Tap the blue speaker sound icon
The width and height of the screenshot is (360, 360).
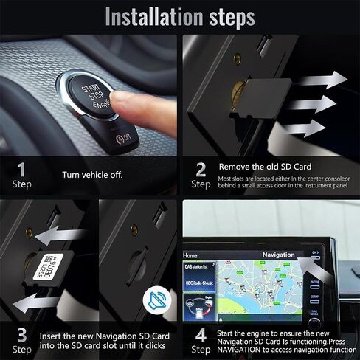point(156,300)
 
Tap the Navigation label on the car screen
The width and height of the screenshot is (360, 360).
point(278,255)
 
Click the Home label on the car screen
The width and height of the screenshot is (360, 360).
point(192,255)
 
